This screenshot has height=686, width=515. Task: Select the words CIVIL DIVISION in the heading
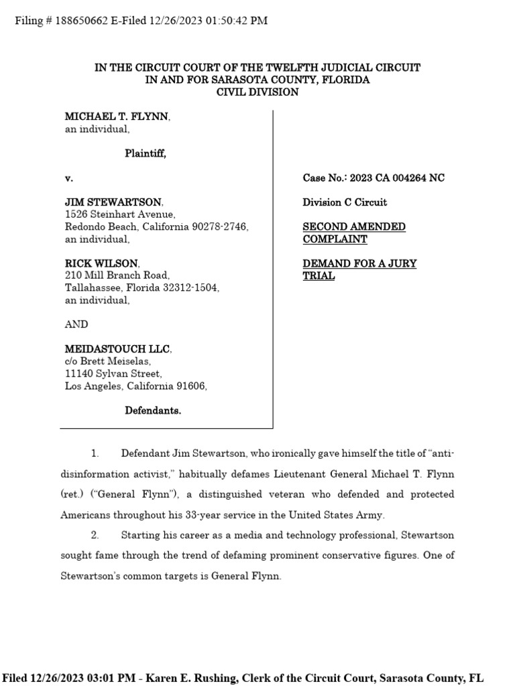click(x=257, y=92)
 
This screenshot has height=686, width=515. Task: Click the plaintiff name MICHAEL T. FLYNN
click(x=117, y=117)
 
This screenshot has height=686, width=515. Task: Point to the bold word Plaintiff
click(x=145, y=154)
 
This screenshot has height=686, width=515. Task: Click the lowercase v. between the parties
click(x=68, y=178)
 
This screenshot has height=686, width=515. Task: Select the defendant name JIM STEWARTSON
click(x=113, y=202)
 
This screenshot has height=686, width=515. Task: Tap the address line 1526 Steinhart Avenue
click(x=120, y=214)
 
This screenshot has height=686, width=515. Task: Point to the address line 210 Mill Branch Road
click(x=117, y=276)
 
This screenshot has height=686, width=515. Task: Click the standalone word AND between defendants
click(x=76, y=325)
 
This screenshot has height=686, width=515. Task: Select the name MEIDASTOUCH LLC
click(x=117, y=350)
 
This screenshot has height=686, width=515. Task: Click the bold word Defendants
click(x=153, y=411)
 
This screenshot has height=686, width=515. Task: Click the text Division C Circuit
click(x=345, y=202)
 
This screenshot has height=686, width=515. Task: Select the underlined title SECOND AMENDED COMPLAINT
click(x=353, y=233)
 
